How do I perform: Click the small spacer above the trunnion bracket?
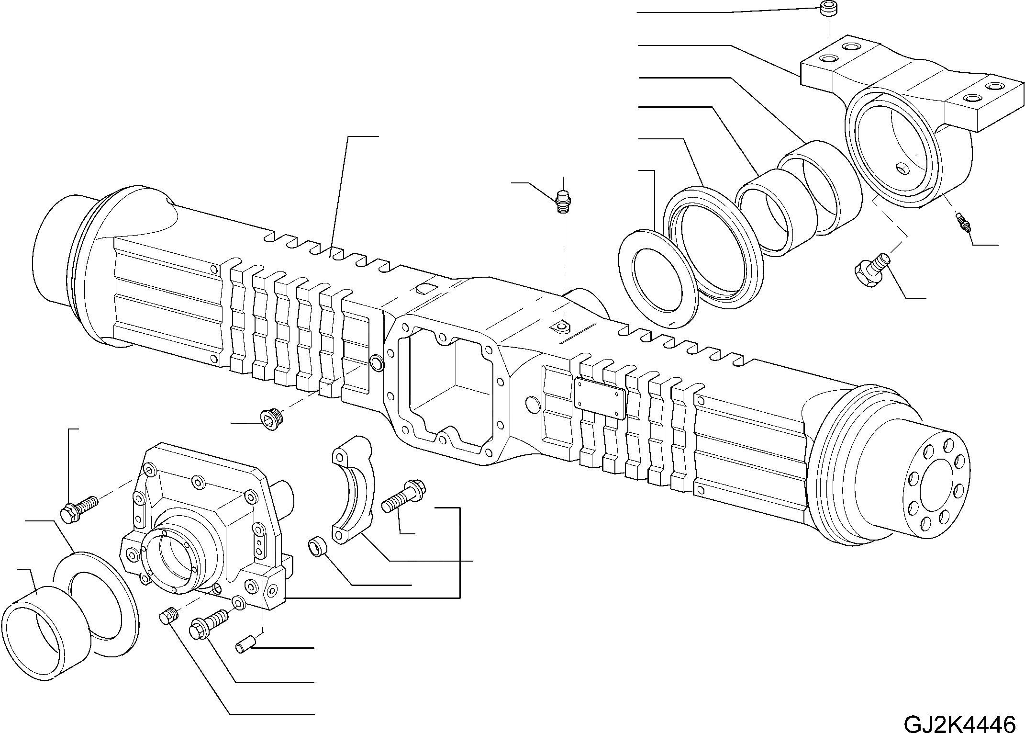(827, 9)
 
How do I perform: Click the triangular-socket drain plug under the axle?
(270, 417)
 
